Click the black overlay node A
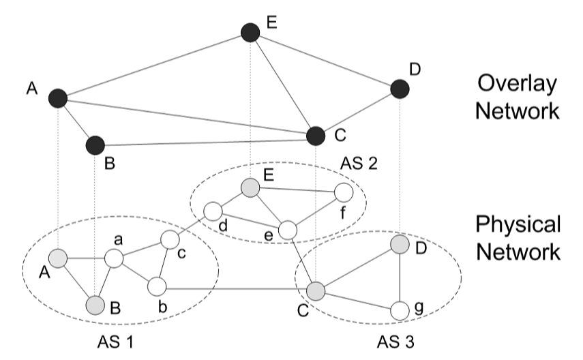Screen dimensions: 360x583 (x=58, y=99)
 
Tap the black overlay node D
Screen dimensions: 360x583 (x=400, y=89)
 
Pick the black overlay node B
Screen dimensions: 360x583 (x=95, y=145)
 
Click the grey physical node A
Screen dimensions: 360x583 (x=58, y=258)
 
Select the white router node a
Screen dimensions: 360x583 (x=113, y=259)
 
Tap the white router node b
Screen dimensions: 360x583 (x=158, y=287)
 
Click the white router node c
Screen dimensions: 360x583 (x=169, y=240)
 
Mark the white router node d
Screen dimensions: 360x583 (x=213, y=211)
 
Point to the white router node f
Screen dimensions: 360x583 (x=343, y=192)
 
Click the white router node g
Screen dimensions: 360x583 (x=400, y=311)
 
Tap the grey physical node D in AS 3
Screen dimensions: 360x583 (x=400, y=245)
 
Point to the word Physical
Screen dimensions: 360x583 (x=518, y=224)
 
